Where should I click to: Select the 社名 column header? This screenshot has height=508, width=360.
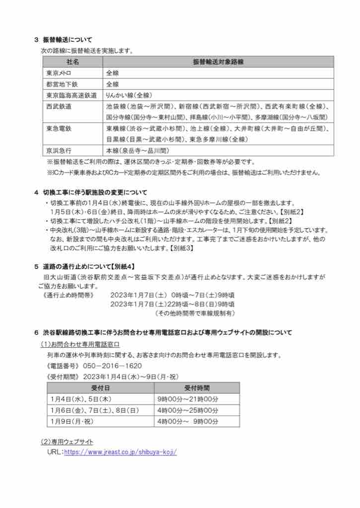[72, 62]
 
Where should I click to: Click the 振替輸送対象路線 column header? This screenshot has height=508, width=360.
[218, 62]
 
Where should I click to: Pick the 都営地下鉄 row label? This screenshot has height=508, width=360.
[59, 84]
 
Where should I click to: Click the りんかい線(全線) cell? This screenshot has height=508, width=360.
[129, 95]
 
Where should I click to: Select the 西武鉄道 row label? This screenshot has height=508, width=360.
[59, 106]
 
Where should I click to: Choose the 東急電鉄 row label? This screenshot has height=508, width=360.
[59, 128]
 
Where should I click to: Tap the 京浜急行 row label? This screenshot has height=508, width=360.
[59, 150]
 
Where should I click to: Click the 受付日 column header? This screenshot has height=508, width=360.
[98, 387]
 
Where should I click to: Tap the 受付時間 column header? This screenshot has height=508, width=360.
[197, 387]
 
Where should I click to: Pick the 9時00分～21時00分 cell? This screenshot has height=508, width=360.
[188, 399]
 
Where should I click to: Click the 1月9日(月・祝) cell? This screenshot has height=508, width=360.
[72, 421]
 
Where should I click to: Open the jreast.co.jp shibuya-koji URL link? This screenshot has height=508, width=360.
[120, 452]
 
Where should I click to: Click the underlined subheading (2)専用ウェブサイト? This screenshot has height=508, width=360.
[67, 442]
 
